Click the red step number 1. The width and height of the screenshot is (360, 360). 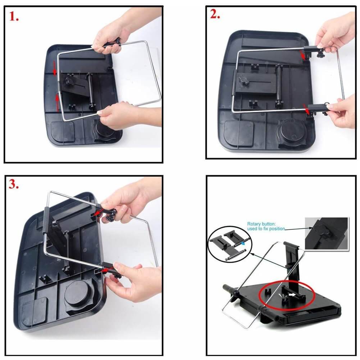(x=14, y=17)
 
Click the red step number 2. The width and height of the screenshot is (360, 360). (x=215, y=14)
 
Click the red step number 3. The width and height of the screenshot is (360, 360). (x=14, y=184)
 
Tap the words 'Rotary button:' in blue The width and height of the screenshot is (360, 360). (x=261, y=224)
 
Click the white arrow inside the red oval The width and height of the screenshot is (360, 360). (x=292, y=294)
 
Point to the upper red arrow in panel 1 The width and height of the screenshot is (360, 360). (x=54, y=68)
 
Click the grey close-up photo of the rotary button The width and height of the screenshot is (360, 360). (x=327, y=233)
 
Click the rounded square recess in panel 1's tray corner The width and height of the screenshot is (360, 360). (x=63, y=131)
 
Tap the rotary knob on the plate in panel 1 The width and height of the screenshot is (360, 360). (x=69, y=81)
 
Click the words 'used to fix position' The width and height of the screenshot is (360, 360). (x=266, y=229)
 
